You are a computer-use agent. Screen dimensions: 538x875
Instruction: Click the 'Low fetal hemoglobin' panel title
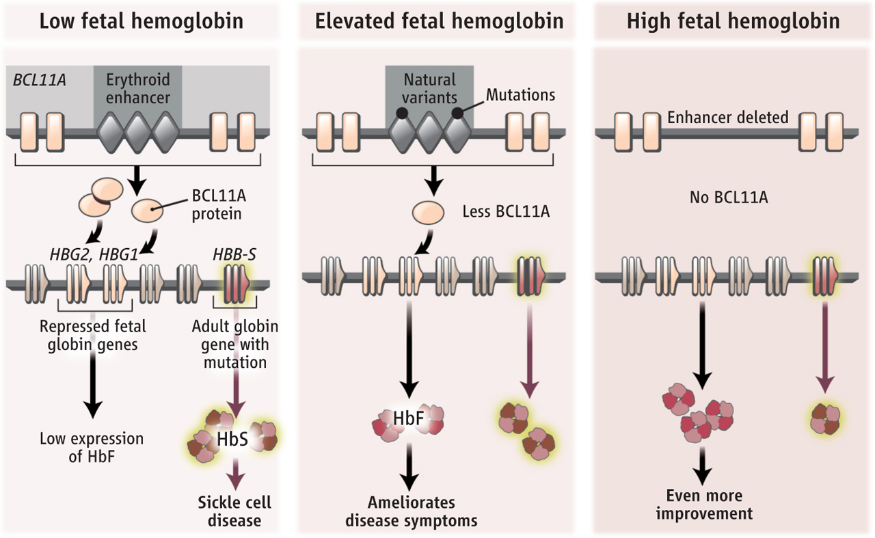(141, 21)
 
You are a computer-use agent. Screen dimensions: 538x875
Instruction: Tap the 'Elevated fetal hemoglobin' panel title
(439, 21)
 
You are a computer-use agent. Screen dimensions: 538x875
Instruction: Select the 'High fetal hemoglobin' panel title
(733, 21)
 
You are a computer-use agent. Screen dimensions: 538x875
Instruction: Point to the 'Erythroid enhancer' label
(137, 88)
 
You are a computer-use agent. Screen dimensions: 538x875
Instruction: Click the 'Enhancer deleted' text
(727, 117)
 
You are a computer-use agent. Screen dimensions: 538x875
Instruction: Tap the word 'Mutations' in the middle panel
(520, 94)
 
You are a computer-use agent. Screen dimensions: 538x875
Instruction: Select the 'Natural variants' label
(429, 88)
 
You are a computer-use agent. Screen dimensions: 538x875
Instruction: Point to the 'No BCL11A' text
(728, 199)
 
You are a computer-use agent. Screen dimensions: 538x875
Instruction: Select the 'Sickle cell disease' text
(234, 511)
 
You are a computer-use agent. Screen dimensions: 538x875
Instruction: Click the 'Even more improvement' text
(703, 504)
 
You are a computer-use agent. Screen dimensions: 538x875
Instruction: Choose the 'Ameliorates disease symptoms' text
(411, 511)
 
